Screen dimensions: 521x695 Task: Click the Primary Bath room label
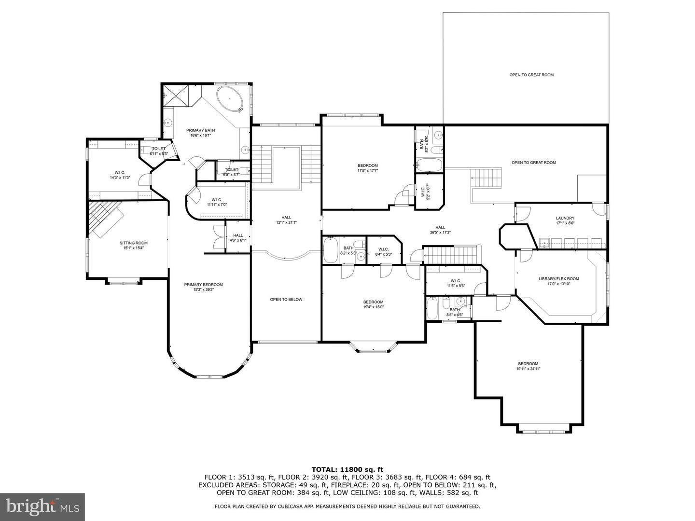pos(200,130)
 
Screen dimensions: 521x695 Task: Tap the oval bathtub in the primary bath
pos(229,99)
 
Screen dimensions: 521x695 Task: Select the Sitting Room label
pos(134,243)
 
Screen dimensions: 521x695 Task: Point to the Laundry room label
pos(565,218)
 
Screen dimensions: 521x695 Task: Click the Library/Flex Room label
pos(558,279)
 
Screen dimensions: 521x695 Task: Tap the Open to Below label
pos(286,300)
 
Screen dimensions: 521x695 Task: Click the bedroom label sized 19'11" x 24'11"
pos(528,364)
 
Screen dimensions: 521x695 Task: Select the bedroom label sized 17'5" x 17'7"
pos(367,165)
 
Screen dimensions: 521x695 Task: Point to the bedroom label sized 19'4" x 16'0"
pos(373,302)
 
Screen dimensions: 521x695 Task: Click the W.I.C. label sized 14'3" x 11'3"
pos(120,172)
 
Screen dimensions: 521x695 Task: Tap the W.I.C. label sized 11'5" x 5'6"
pos(456,281)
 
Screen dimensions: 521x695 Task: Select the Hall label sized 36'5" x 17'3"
pos(440,227)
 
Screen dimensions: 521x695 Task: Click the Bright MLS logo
pos(42,507)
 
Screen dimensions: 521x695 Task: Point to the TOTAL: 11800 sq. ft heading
pos(347,469)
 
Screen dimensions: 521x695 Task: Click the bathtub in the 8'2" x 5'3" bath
pos(331,249)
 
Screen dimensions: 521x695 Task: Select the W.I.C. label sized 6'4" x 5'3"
pos(384,249)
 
